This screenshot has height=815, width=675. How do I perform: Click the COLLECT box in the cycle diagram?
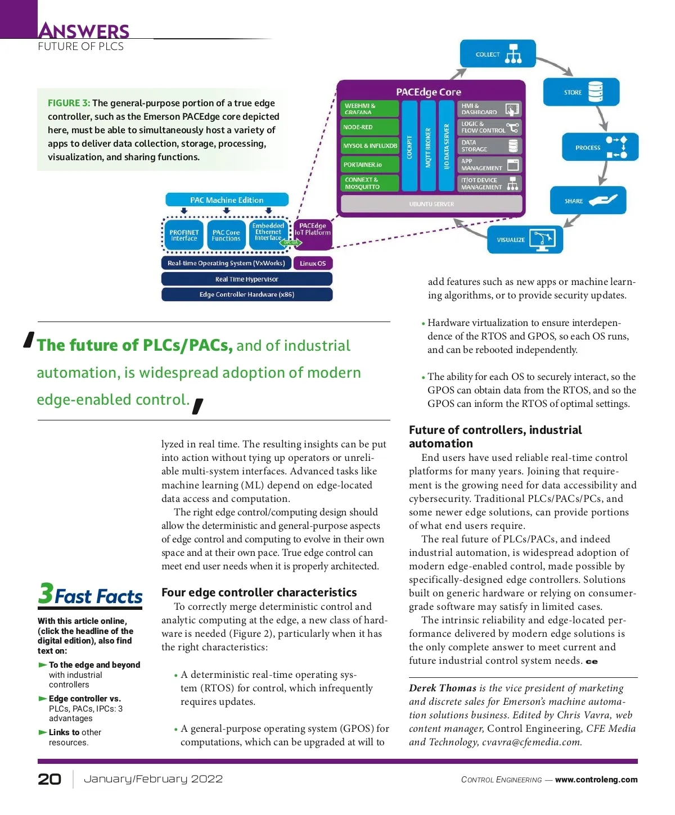497,54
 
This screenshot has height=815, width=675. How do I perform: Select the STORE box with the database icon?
581,92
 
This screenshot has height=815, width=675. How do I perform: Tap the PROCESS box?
600,147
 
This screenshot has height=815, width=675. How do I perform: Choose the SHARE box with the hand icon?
588,201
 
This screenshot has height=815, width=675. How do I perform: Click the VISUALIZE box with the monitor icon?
524,239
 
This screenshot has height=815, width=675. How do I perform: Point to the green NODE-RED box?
370,127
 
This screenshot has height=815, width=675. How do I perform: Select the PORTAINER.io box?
370,165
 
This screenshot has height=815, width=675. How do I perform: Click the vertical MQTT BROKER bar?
428,146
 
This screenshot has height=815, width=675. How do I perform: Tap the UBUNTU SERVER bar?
431,204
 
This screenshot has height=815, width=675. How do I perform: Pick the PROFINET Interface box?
184,236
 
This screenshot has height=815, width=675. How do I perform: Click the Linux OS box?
313,263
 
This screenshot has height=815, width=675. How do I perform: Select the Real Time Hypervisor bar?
246,279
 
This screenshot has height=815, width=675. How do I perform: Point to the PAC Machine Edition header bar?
227,200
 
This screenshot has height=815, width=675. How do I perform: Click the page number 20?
49,779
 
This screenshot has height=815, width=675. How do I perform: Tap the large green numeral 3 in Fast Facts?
46,594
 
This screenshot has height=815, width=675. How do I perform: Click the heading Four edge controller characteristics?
259,592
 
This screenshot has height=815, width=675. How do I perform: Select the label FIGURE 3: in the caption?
69,103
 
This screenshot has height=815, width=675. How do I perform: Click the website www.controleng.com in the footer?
596,780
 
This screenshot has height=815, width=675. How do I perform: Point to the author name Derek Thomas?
443,688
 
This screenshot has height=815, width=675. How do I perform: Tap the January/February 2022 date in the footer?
153,779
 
